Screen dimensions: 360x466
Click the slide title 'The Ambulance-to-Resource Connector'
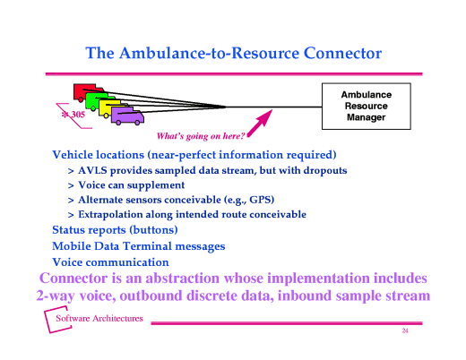[233, 53]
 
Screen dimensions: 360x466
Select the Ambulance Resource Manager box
[365, 105]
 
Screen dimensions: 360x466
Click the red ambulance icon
[83, 92]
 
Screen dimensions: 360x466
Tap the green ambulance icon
[97, 99]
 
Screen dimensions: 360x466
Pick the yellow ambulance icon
[110, 107]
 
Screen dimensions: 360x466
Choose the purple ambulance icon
[128, 116]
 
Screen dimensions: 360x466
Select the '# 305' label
[73, 115]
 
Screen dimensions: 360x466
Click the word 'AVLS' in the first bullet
[95, 170]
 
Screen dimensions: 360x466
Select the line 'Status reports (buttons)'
[115, 230]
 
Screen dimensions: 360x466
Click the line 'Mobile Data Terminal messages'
[139, 246]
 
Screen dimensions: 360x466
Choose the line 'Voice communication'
[110, 262]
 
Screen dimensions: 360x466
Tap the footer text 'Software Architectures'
[99, 321]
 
